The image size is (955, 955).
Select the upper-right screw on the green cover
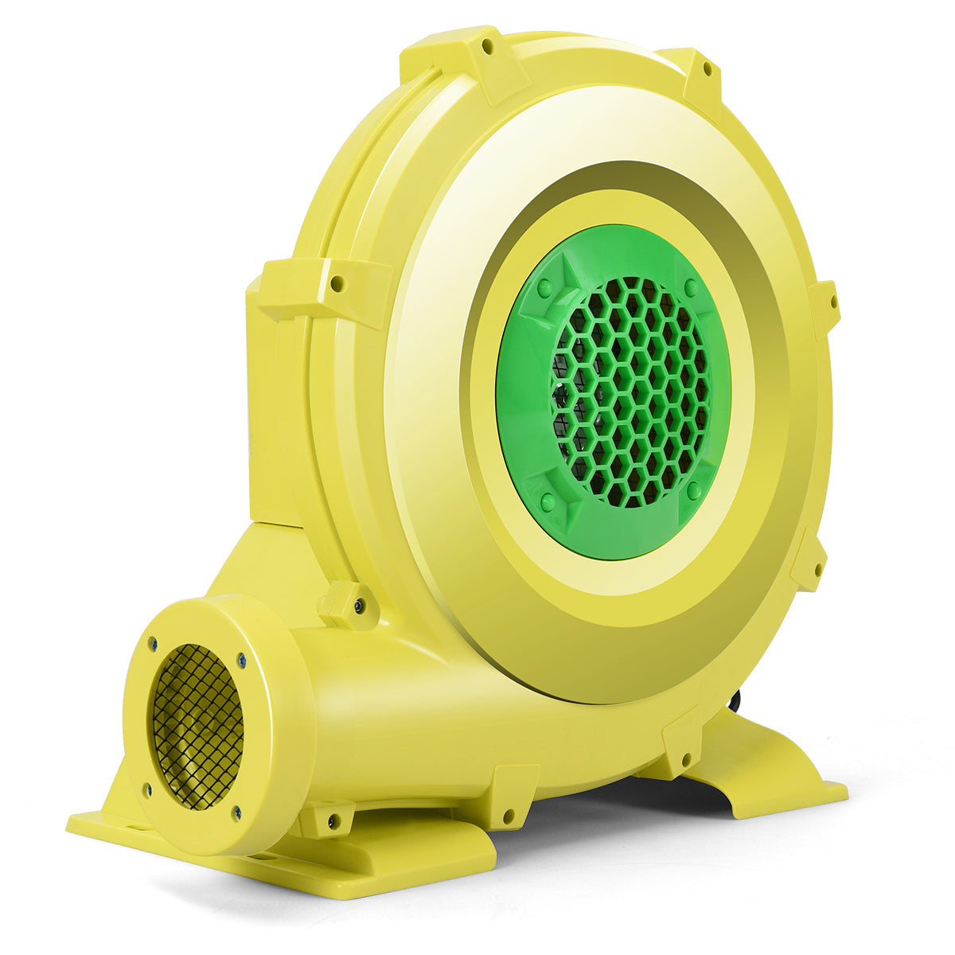(691, 287)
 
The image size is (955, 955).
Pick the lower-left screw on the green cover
(548, 501)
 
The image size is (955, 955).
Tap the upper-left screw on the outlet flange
(153, 643)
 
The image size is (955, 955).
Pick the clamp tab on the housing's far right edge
(825, 306)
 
